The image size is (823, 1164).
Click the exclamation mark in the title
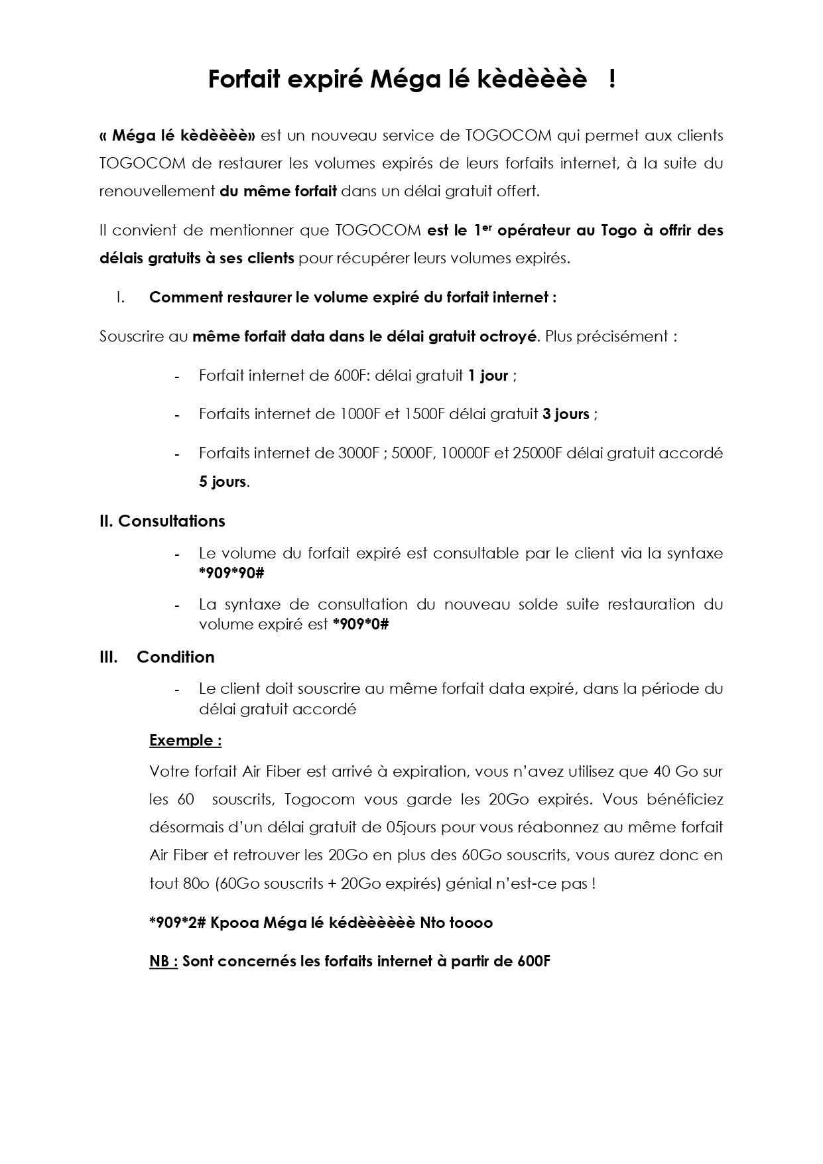pyautogui.click(x=611, y=79)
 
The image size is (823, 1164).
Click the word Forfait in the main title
pyautogui.click(x=240, y=79)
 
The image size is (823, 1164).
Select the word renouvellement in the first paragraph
pyautogui.click(x=157, y=191)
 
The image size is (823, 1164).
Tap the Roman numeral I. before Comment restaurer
pyautogui.click(x=120, y=297)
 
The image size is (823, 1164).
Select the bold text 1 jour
pyautogui.click(x=488, y=375)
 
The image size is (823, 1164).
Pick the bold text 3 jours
pyautogui.click(x=566, y=414)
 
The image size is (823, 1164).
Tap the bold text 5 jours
pyautogui.click(x=223, y=482)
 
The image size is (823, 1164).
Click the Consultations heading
pyautogui.click(x=171, y=521)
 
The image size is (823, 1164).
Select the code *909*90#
pyautogui.click(x=231, y=573)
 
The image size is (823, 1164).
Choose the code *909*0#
pyautogui.click(x=360, y=624)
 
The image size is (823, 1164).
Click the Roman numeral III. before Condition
pyautogui.click(x=109, y=657)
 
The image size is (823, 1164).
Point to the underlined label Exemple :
pyautogui.click(x=185, y=740)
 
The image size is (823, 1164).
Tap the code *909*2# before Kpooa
pyautogui.click(x=177, y=923)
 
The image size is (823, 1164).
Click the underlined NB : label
pyautogui.click(x=163, y=961)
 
